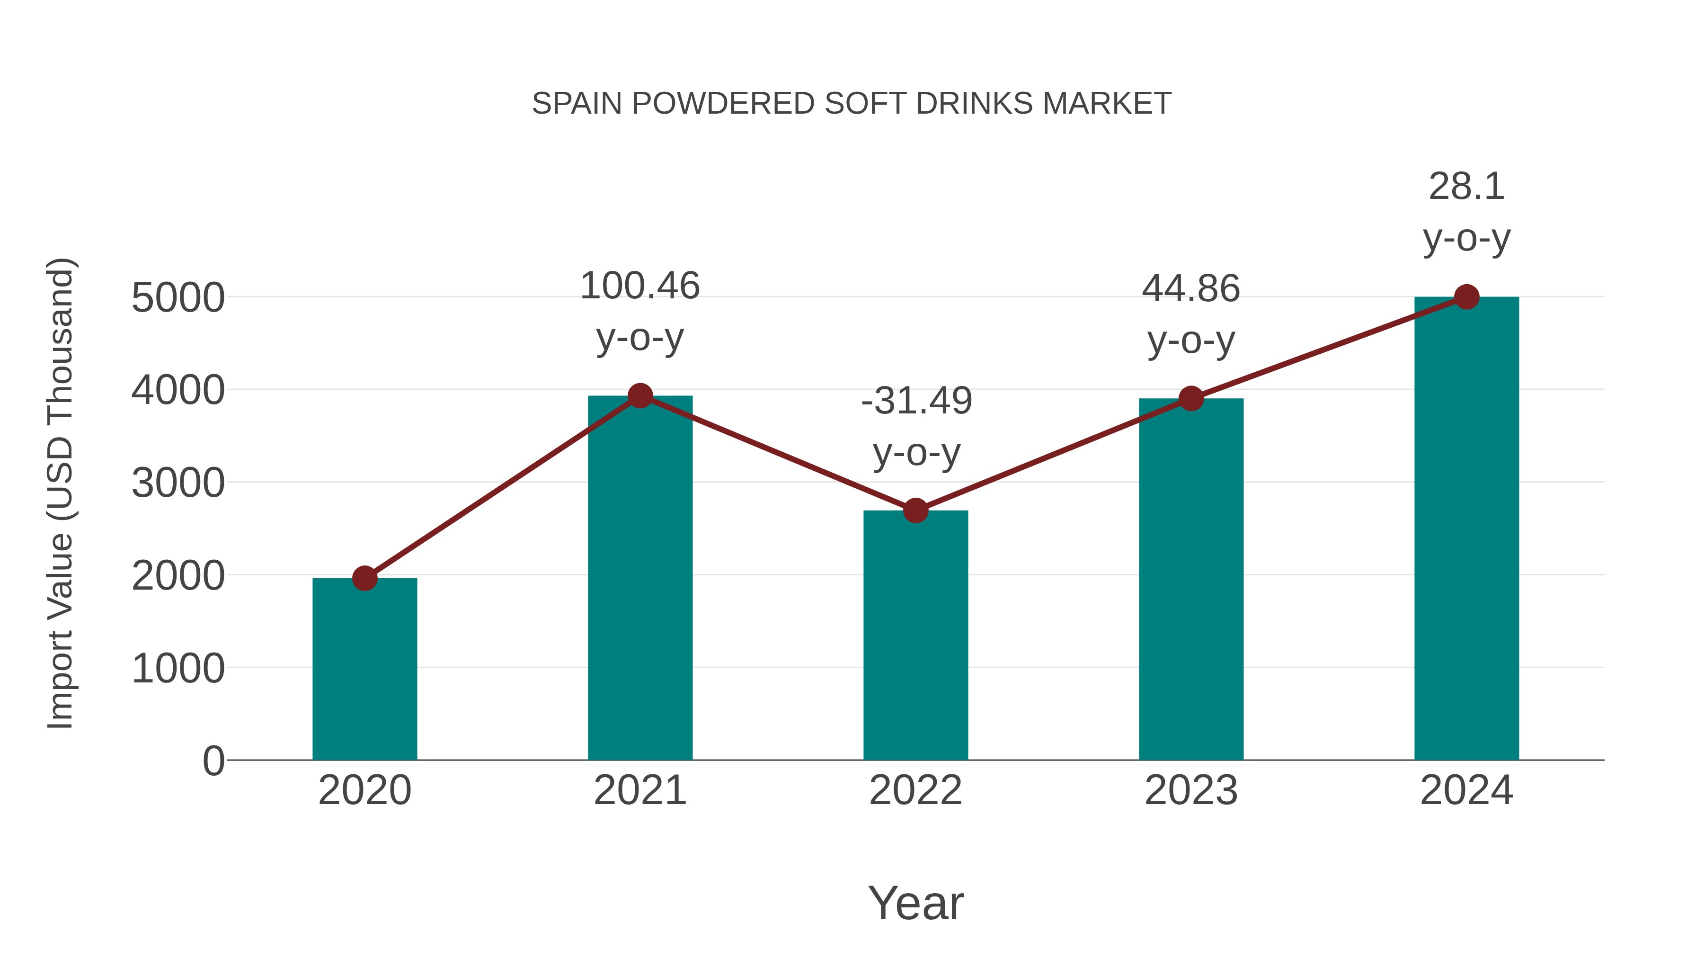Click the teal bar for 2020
(x=364, y=668)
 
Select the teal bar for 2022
(x=915, y=636)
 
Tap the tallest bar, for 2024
(x=1466, y=529)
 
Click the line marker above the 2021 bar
(x=639, y=396)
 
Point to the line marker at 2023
(x=1191, y=398)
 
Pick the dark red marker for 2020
(x=364, y=578)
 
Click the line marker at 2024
(x=1466, y=297)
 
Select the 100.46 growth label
(x=639, y=286)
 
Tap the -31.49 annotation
(x=916, y=401)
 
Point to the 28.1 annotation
(x=1466, y=187)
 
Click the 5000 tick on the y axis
(x=178, y=298)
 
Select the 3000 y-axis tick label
(x=178, y=483)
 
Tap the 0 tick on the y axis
(x=213, y=761)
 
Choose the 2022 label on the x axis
(x=915, y=790)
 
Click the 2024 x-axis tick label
(x=1466, y=790)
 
